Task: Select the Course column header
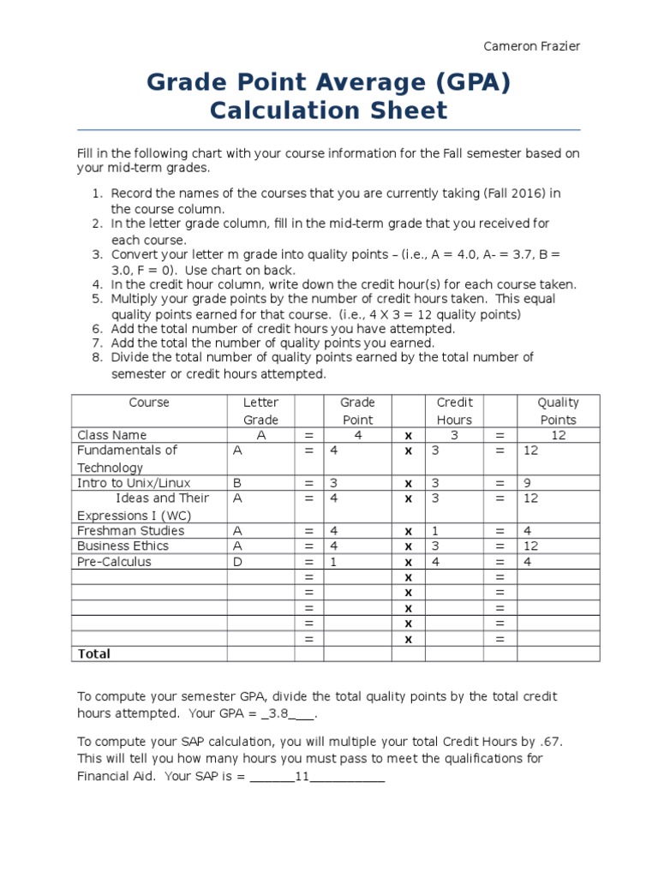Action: tap(149, 403)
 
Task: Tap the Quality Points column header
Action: tap(558, 411)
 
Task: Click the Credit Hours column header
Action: tap(454, 411)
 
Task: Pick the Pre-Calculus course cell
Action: tap(114, 562)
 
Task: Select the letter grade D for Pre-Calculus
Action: tap(236, 562)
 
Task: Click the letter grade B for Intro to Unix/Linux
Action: tap(237, 483)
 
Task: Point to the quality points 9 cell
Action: tap(528, 483)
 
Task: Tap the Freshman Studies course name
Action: tap(130, 530)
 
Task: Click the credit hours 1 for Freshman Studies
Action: tap(434, 530)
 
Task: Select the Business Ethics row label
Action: tap(123, 546)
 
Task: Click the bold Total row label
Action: tap(94, 653)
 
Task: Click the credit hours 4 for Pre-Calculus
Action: tap(434, 562)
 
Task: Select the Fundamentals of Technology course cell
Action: tap(127, 458)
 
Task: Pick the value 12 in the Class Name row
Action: tap(559, 435)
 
